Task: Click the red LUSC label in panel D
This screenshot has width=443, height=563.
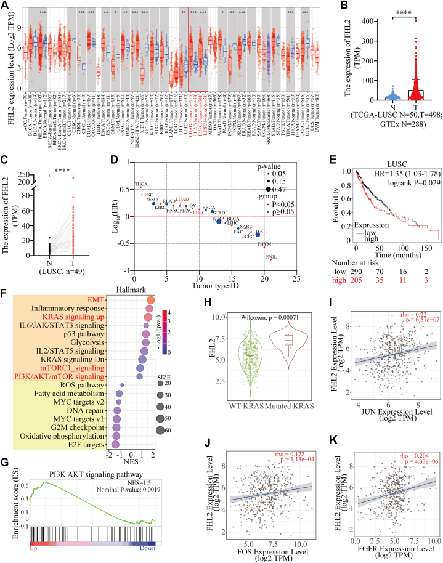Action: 198,213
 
